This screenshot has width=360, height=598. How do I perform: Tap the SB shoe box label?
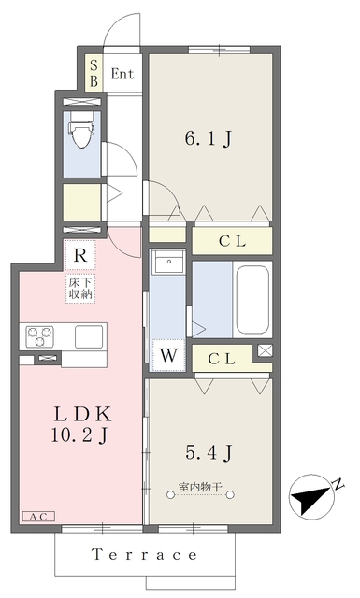point(94,73)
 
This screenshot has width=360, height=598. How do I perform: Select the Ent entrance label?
point(122,74)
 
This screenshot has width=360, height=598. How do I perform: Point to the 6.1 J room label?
point(209,139)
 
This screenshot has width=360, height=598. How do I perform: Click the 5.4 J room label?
point(209,452)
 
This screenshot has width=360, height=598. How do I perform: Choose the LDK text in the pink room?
point(83,414)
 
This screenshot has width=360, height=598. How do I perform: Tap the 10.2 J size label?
point(79,435)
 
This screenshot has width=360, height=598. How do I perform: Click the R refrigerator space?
point(79,255)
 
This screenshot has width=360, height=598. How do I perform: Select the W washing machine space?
point(168,355)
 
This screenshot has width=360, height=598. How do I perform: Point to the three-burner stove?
point(39,336)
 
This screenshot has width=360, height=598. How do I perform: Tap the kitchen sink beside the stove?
point(89,336)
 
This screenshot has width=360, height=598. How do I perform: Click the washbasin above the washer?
point(168,262)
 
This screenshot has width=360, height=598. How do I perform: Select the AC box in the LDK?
point(39,517)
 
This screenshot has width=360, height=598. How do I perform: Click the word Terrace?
point(145,554)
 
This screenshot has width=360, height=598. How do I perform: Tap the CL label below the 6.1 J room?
point(232,241)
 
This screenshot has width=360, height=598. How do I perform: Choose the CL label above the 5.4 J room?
point(222,359)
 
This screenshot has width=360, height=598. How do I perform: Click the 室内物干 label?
point(200,487)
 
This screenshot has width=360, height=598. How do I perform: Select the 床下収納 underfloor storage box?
point(80,289)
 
